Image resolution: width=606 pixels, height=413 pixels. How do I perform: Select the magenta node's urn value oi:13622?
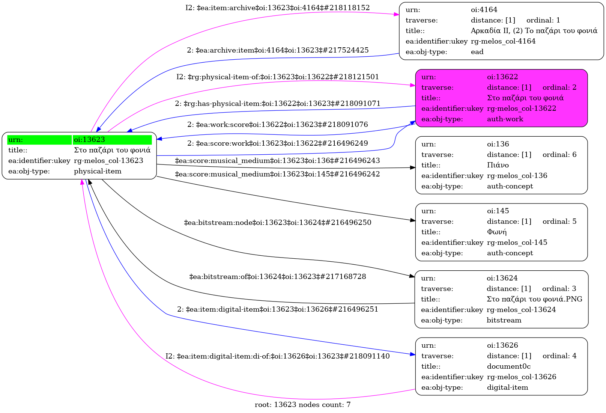tap(502, 77)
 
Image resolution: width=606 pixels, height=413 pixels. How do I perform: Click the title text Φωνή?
tap(497, 232)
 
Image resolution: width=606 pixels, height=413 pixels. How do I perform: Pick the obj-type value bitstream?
tap(504, 320)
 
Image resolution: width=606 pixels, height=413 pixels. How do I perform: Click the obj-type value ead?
tap(477, 52)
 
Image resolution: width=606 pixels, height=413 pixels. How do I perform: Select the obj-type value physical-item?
tap(98, 171)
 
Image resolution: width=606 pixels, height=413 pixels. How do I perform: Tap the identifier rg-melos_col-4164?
tap(503, 41)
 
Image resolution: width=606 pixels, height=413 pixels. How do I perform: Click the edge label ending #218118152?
tap(278, 8)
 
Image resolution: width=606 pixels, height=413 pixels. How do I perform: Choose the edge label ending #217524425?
tap(278, 50)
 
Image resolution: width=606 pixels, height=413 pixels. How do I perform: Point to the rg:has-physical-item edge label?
tap(278, 103)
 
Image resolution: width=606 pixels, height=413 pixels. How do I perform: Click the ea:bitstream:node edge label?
tap(278, 223)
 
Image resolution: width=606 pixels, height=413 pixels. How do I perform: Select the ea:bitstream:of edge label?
tap(278, 277)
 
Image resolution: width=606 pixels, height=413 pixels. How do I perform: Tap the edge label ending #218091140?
tap(278, 356)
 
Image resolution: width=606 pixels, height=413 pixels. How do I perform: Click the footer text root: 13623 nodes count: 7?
tap(302, 405)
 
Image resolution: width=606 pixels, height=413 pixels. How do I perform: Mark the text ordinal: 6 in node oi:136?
tap(559, 155)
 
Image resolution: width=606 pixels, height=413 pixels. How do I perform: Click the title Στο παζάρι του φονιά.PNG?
tap(534, 299)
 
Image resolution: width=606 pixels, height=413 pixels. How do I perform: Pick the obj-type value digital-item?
tap(508, 387)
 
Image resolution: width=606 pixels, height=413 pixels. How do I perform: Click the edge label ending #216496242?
tap(278, 174)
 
